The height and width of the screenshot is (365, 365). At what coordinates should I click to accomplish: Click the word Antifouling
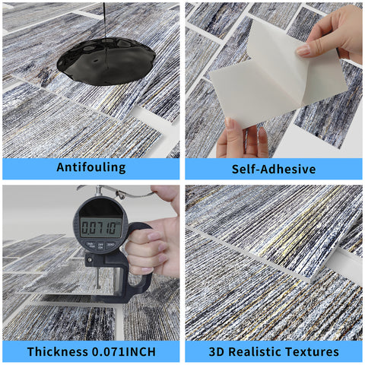(x=91, y=167)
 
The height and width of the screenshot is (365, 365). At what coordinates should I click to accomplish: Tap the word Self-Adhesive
(x=274, y=169)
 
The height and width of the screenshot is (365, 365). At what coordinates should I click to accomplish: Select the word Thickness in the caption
(x=58, y=351)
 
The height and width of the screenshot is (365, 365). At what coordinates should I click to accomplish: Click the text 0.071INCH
(x=124, y=351)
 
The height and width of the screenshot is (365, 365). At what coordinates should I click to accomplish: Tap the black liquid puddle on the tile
(x=106, y=61)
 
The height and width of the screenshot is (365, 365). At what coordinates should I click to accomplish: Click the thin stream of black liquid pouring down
(x=105, y=21)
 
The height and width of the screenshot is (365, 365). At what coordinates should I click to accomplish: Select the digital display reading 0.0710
(x=101, y=227)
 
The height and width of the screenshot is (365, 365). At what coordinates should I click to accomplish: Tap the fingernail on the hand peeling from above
(x=303, y=51)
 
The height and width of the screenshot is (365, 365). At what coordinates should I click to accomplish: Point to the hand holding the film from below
(x=242, y=139)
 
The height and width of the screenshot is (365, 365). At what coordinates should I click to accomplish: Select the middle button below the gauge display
(x=100, y=246)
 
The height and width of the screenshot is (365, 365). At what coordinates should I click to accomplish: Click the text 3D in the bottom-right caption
(x=217, y=351)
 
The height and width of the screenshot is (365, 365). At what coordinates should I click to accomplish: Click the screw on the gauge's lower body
(x=89, y=259)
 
